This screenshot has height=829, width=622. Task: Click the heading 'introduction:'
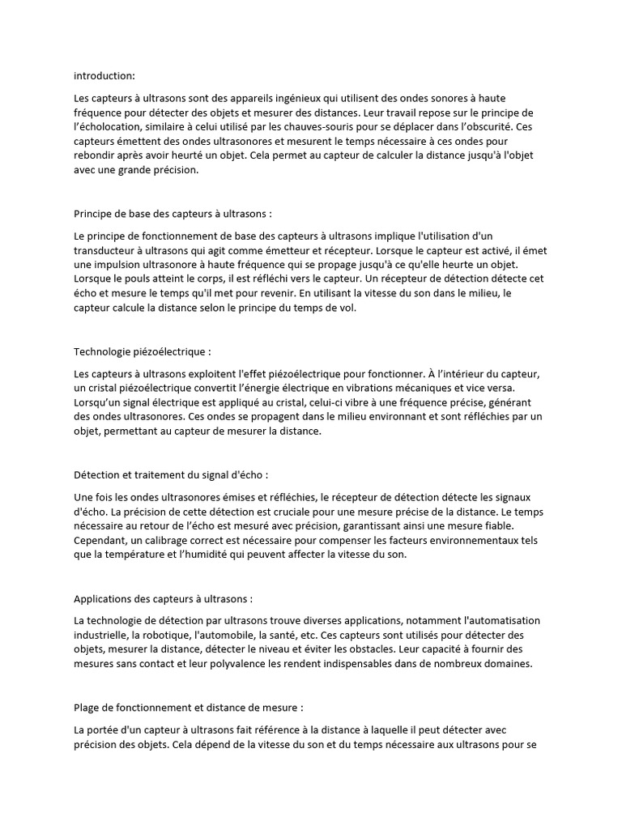(x=104, y=75)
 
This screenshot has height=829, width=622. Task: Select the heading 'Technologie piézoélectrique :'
(x=142, y=352)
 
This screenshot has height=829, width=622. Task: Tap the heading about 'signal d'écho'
(x=170, y=474)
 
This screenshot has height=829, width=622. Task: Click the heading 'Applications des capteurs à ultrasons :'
(x=163, y=599)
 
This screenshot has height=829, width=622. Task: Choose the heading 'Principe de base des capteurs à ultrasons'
(x=173, y=215)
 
